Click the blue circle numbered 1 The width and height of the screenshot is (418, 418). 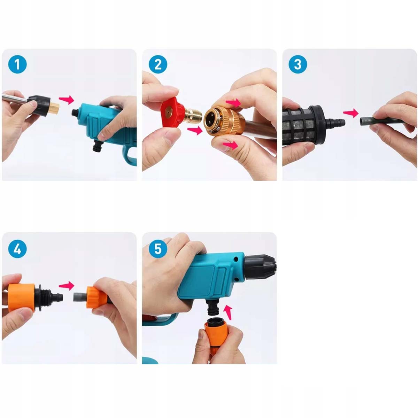point(17,64)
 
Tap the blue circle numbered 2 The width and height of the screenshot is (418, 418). point(158,64)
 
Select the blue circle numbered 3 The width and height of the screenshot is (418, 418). point(298,64)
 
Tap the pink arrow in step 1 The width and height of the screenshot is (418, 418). point(67,100)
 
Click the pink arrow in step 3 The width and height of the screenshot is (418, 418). point(351,113)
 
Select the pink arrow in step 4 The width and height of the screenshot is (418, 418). point(67,286)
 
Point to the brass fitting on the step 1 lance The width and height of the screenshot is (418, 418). point(55,108)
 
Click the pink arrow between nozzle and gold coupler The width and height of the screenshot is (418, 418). point(195,131)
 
